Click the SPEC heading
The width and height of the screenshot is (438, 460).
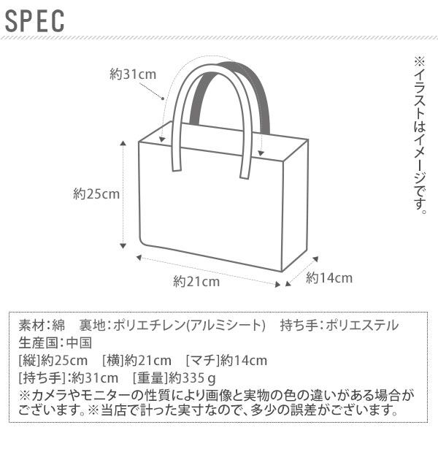tap(35, 21)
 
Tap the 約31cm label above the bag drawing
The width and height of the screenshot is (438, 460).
tap(133, 74)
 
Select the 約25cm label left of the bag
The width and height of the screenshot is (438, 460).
tap(96, 194)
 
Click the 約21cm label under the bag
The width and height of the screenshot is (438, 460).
tap(196, 282)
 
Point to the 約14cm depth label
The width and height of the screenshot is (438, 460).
tap(329, 277)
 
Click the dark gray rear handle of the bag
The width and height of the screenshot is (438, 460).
tap(257, 88)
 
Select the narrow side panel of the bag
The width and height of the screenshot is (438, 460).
tap(295, 208)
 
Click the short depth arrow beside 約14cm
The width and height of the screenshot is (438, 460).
tap(301, 272)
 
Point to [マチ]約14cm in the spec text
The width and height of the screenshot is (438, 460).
tap(226, 361)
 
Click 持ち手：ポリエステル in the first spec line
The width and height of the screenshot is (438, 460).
tap(339, 326)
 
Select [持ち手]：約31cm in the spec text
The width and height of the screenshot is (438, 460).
tap(68, 378)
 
